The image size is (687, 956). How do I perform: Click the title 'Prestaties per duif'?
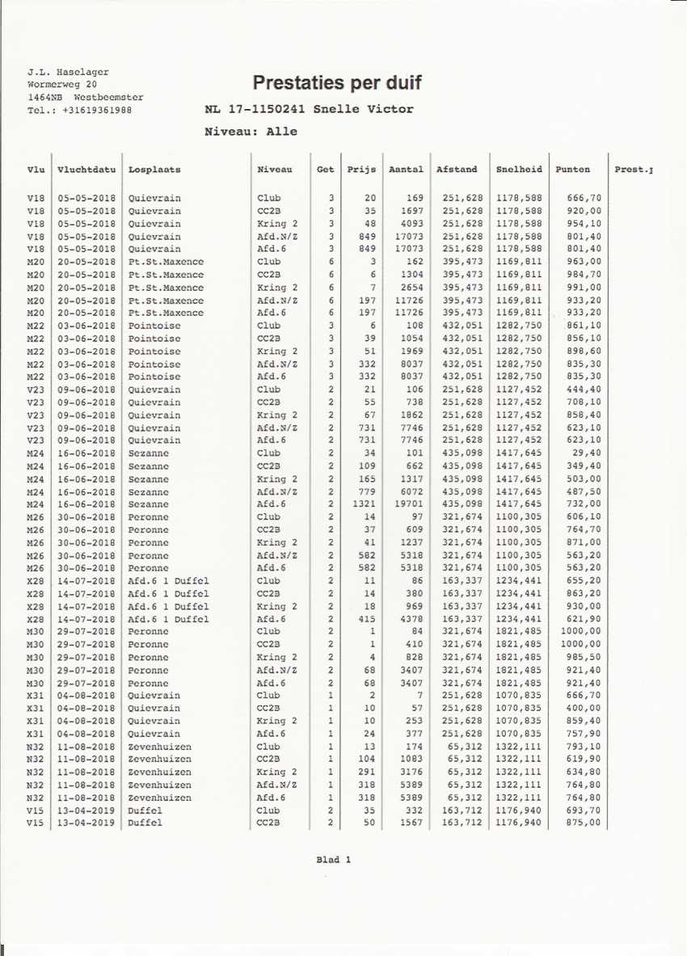point(337,83)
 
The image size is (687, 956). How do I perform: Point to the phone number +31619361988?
point(96,110)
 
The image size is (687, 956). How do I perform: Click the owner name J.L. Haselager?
point(68,72)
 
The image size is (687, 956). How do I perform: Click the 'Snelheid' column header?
point(519,170)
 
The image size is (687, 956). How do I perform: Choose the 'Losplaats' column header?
point(154,170)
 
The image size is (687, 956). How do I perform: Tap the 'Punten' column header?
point(573,170)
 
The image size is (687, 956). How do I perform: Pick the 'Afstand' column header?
point(457,170)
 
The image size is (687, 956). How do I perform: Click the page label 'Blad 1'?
point(333,860)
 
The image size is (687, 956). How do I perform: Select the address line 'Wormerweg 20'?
point(62,84)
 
